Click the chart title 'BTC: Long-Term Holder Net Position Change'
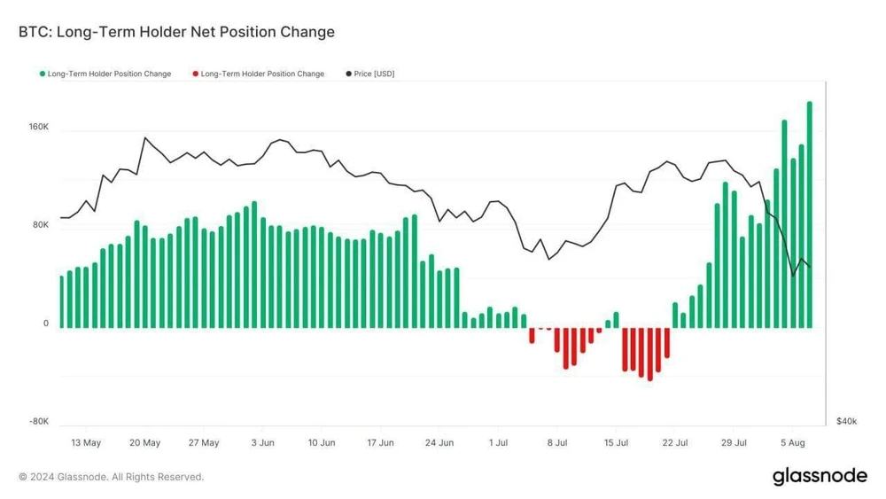176,32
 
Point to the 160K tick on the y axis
38,128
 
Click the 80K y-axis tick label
41,225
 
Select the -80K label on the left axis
38,422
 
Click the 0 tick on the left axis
45,324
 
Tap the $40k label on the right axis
845,421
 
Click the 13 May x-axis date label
86,442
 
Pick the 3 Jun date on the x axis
262,442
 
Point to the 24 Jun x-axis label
439,442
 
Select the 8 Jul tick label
556,442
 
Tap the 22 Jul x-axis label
674,442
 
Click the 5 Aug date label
792,442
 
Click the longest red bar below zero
650,354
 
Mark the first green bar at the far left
61,302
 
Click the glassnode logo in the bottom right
820,476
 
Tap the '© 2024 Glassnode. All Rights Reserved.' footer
112,477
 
